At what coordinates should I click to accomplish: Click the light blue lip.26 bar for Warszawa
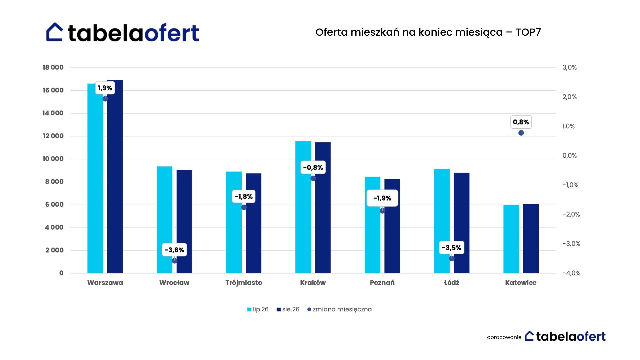point(95,178)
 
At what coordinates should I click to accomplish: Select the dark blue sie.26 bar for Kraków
point(323,208)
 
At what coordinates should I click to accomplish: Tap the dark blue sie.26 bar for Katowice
point(531,239)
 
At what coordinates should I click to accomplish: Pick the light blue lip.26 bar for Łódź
point(442,221)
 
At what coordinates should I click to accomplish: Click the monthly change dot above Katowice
point(521,133)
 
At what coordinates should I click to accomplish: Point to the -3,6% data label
point(174,250)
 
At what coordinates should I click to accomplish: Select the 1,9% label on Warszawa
point(105,88)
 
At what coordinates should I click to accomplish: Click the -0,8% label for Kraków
point(313,167)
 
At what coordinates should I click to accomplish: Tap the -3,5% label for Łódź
point(452,248)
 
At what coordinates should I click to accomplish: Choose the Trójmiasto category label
point(244,283)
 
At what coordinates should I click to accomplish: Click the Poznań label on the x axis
point(382,283)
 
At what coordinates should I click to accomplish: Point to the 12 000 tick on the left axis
point(53,136)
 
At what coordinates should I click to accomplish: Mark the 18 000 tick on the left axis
point(53,67)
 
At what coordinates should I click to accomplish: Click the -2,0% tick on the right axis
point(571,214)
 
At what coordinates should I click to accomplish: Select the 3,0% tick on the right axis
point(570,67)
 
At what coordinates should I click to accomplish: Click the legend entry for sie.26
point(288,309)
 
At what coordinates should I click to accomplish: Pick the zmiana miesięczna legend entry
point(339,309)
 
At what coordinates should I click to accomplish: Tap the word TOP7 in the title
point(528,32)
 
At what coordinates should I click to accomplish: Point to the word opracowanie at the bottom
point(504,337)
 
